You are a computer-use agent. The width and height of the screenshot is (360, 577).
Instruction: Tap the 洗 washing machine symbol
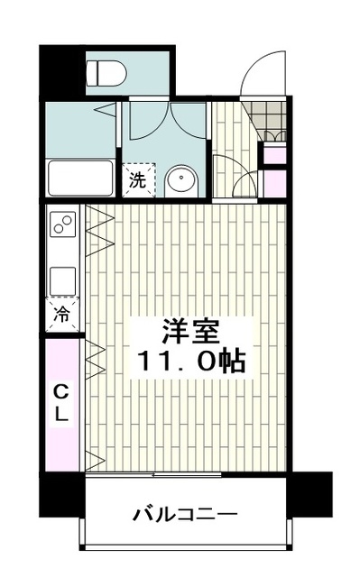(x=138, y=179)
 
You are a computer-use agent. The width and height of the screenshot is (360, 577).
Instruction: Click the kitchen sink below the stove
(x=63, y=279)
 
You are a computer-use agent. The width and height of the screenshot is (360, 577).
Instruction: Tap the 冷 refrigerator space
(x=63, y=315)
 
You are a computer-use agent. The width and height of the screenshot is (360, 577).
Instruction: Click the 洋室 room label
(x=188, y=331)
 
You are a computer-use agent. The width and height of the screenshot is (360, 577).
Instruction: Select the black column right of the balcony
(x=310, y=493)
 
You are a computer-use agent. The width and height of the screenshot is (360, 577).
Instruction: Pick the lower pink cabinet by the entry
(x=272, y=184)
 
